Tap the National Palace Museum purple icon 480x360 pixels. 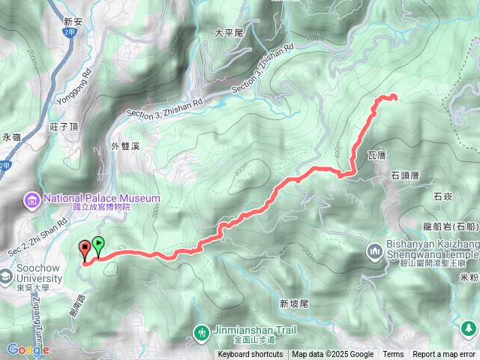coord(32,199)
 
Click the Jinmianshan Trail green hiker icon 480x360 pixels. coord(201,331)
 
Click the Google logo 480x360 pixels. coord(28,349)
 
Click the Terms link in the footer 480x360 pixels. coord(393,355)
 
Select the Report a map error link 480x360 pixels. coord(445,355)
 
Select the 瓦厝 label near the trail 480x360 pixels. coord(376,156)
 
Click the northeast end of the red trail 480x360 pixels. coord(394,97)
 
